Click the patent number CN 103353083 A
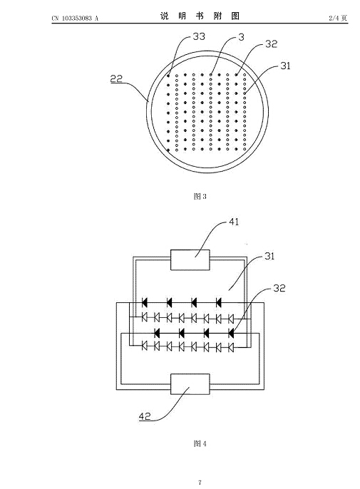click(x=75, y=18)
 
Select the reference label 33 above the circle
click(x=199, y=36)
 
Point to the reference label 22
click(x=116, y=78)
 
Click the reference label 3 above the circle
click(x=241, y=37)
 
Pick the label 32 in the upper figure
click(x=271, y=44)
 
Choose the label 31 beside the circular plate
click(x=285, y=66)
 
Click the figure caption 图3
click(x=200, y=196)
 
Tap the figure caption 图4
click(x=200, y=443)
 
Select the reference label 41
click(x=234, y=222)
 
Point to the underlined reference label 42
click(x=145, y=416)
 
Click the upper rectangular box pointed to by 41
click(x=190, y=259)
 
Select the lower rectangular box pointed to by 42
click(x=190, y=384)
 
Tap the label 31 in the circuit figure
click(x=269, y=256)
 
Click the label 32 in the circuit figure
click(x=279, y=288)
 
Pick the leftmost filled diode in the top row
click(x=145, y=302)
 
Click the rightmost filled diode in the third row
click(x=231, y=334)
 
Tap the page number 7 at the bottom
click(x=200, y=483)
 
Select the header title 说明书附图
click(x=200, y=16)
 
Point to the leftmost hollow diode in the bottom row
click(x=145, y=346)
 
